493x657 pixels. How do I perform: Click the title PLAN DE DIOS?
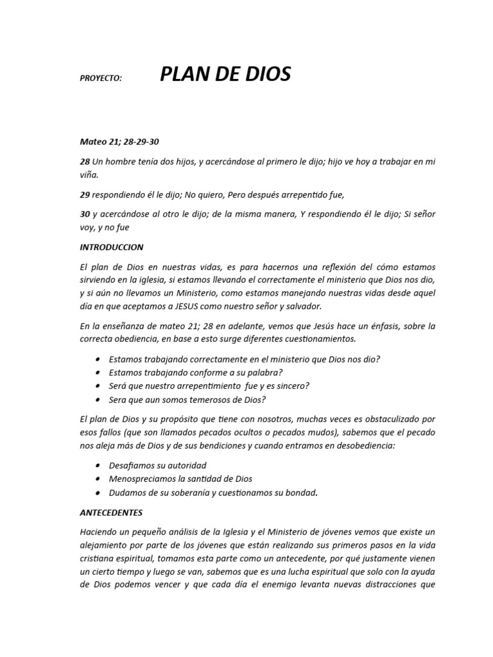225,75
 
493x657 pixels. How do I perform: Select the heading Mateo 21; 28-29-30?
119,142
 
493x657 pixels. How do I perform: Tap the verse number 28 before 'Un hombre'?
85,162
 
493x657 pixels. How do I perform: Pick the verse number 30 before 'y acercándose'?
85,214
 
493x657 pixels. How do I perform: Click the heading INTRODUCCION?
112,247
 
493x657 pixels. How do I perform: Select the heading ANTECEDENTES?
110,513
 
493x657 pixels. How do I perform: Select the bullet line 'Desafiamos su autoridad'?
158,465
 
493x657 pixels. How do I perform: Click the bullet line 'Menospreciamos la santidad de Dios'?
180,479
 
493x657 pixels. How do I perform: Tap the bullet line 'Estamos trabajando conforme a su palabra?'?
196,372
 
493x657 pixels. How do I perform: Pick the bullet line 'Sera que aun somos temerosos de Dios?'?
187,399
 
